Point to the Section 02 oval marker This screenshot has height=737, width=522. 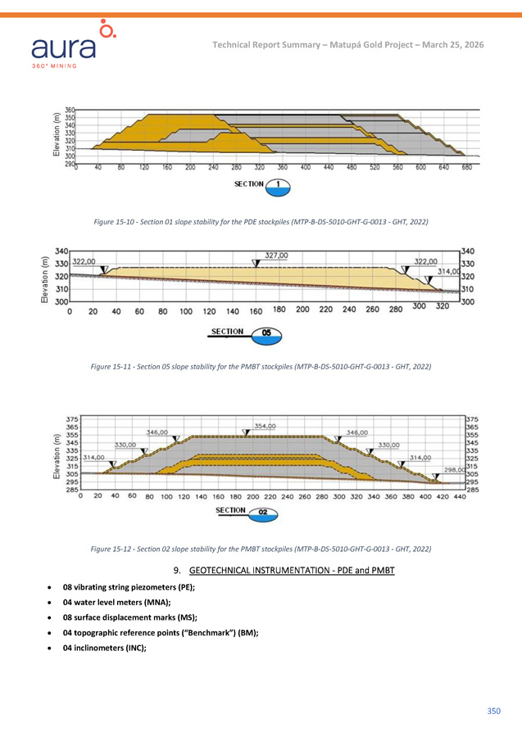pos(263,513)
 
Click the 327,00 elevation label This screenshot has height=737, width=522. pos(276,255)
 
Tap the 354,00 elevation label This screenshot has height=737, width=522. pos(264,426)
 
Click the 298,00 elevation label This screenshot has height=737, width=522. pos(456,470)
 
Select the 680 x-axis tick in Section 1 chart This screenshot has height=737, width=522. pos(466,168)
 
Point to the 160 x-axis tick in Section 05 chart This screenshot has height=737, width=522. pos(256,311)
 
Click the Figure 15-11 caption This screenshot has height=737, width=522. pos(261,366)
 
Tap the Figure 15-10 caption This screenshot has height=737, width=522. pos(261,222)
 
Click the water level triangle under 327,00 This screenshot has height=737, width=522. pos(256,264)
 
